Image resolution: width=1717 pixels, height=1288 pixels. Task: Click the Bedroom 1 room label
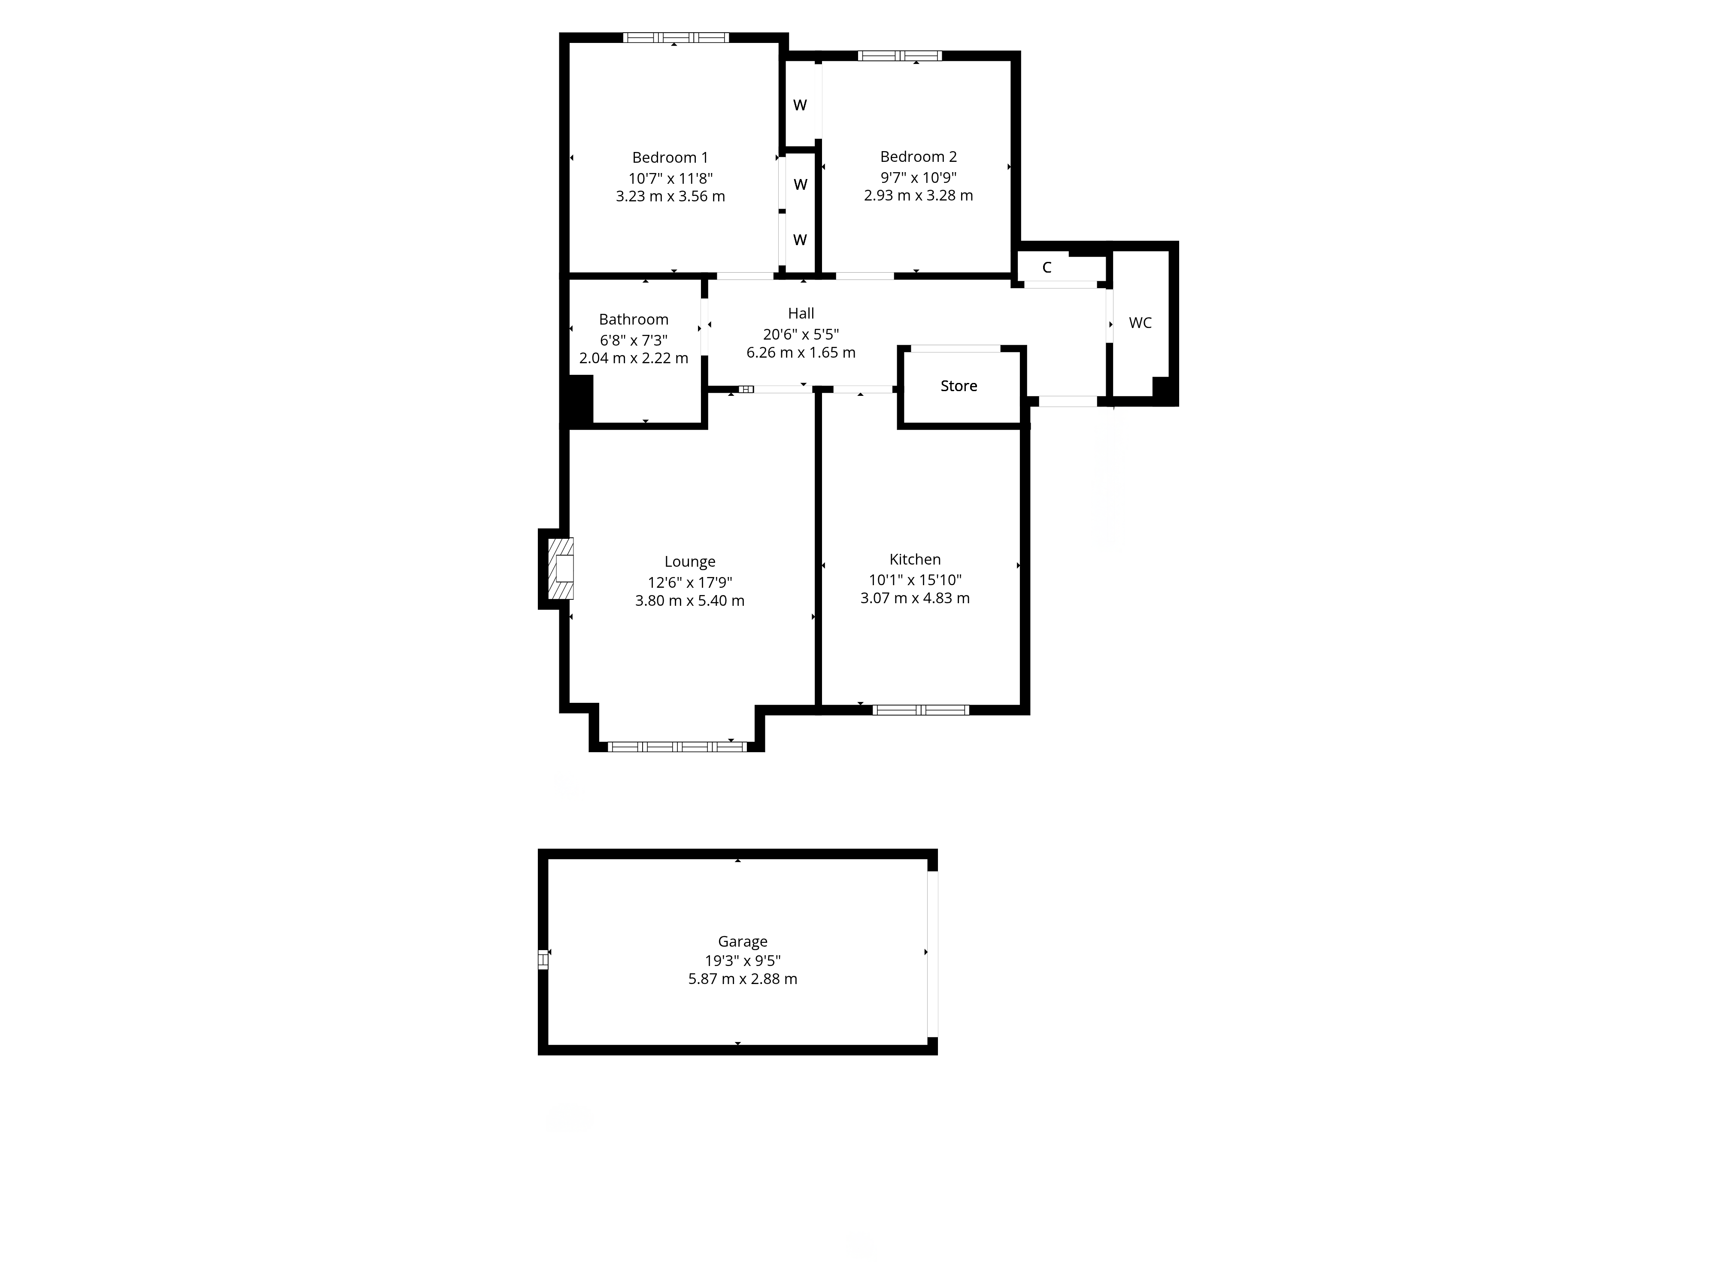click(670, 158)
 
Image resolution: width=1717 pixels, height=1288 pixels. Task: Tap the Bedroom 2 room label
click(918, 157)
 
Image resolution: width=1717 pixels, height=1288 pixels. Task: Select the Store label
click(959, 386)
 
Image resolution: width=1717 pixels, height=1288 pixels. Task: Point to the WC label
click(1140, 323)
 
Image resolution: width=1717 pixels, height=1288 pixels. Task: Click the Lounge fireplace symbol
click(561, 568)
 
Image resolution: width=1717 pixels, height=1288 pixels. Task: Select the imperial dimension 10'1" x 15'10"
click(915, 580)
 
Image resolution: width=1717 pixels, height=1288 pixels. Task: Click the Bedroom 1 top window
click(676, 37)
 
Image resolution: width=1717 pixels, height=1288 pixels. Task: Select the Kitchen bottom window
click(921, 710)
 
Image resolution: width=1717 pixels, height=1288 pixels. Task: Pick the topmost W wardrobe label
click(800, 106)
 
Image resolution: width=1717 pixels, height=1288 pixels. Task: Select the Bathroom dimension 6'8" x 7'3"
click(634, 340)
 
